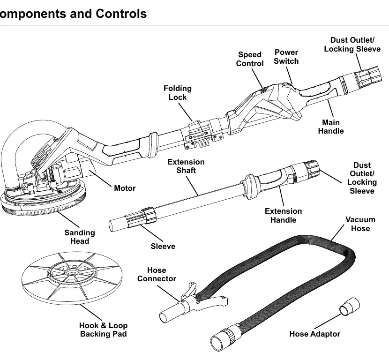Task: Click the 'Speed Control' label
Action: [x=250, y=59]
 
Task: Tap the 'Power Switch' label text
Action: [x=286, y=57]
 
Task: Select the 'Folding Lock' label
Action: [x=177, y=93]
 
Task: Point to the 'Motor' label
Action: [x=125, y=188]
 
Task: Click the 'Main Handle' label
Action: [x=331, y=127]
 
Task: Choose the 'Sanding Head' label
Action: [x=80, y=237]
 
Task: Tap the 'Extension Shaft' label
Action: [x=186, y=166]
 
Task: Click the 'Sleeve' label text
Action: [x=163, y=247]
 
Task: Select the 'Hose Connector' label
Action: [x=157, y=274]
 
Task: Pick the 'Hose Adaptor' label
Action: [x=314, y=334]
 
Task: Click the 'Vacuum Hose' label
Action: [x=360, y=224]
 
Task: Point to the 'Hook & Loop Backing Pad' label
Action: [x=104, y=330]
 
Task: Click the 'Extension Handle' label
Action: [x=284, y=216]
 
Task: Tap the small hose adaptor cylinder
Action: [x=349, y=307]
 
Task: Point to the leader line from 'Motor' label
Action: [x=100, y=178]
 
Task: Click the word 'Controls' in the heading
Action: [x=121, y=14]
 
